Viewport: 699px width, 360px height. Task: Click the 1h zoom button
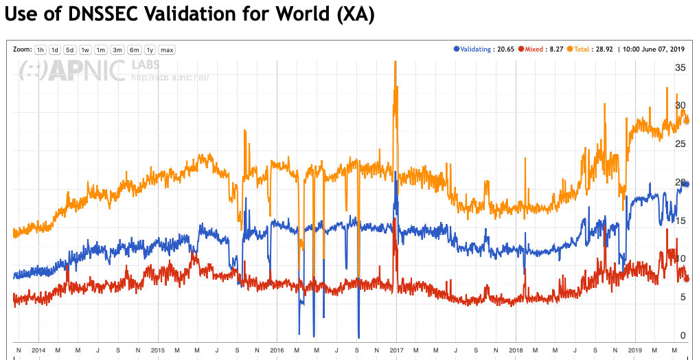point(41,49)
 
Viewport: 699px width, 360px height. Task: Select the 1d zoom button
point(55,49)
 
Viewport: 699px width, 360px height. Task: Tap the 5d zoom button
point(70,49)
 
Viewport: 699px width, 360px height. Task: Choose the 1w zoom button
point(86,49)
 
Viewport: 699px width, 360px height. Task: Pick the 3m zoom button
point(117,49)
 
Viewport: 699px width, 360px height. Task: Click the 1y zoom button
point(150,49)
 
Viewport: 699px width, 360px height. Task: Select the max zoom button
point(167,49)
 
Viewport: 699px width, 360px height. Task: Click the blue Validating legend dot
point(457,49)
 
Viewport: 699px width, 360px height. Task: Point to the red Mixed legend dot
point(522,49)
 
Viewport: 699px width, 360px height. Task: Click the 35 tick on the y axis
point(680,68)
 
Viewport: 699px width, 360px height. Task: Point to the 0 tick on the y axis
point(683,335)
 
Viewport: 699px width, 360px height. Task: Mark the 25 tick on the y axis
point(680,144)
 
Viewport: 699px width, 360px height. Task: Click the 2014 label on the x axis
point(39,350)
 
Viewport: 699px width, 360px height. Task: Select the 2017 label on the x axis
point(397,350)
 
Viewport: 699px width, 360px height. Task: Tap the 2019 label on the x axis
point(635,350)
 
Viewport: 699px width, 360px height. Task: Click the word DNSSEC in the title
point(98,15)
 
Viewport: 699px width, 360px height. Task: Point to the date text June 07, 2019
point(660,49)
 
